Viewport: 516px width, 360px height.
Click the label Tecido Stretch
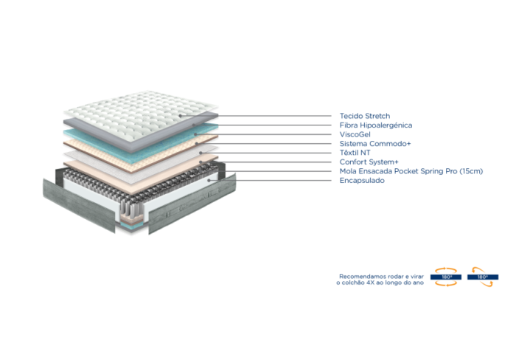(x=365, y=116)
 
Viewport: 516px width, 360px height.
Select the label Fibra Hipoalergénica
(x=376, y=125)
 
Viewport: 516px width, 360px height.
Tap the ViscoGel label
(x=355, y=134)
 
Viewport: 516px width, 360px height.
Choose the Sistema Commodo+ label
(x=375, y=144)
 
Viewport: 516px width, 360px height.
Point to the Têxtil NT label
(x=355, y=153)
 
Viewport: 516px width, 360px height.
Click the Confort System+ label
(x=369, y=162)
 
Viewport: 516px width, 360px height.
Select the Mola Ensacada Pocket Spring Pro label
(x=398, y=171)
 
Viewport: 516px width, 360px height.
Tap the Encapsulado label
(x=362, y=181)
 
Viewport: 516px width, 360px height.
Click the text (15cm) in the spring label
(x=471, y=171)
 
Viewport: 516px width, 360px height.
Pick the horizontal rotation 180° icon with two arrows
(x=446, y=277)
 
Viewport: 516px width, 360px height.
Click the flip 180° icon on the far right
(x=483, y=277)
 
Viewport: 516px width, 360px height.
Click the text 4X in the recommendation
(x=371, y=283)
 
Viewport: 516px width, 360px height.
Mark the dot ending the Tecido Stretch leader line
(x=181, y=116)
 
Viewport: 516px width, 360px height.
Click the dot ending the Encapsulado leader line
(x=209, y=181)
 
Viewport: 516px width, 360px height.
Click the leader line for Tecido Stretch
(x=256, y=116)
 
